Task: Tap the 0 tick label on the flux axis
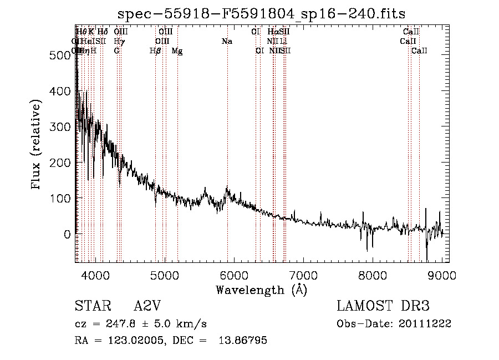[x=67, y=234]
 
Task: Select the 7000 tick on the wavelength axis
[x=303, y=275]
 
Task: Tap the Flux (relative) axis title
[x=37, y=145]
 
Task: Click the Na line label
[x=226, y=41]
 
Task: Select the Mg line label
[x=177, y=50]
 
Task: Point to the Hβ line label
[x=155, y=50]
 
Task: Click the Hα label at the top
[x=272, y=32]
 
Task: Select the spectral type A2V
[x=146, y=307]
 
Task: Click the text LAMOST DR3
[x=383, y=307]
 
